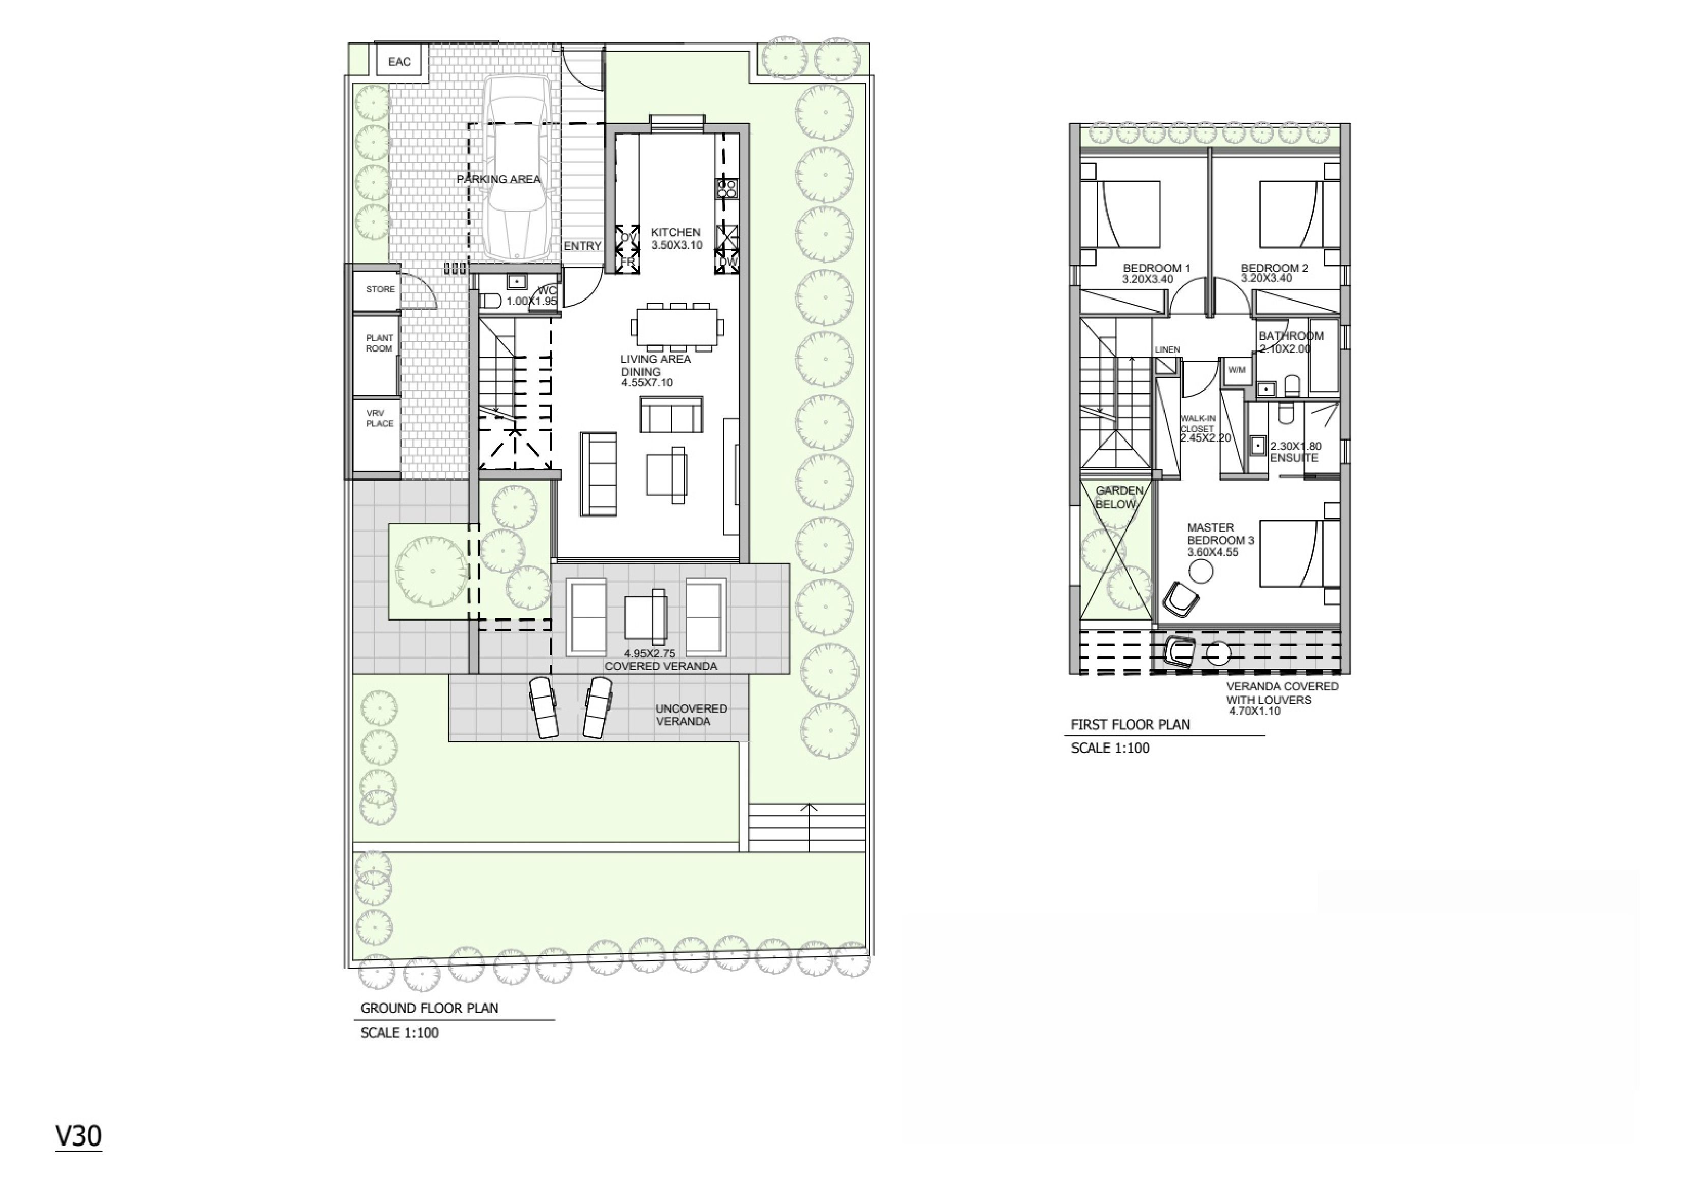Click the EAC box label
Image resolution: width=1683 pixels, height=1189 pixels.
[x=399, y=62]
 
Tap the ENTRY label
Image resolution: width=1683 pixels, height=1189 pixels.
[x=583, y=246]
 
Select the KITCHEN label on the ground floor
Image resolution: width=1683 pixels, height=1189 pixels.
[x=676, y=232]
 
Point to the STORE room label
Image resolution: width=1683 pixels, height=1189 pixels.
[x=381, y=289]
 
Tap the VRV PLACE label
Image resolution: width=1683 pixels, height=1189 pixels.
[x=380, y=418]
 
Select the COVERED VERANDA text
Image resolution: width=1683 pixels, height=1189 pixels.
[x=660, y=666]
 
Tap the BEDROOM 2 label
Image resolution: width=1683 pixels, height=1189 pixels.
[x=1274, y=268]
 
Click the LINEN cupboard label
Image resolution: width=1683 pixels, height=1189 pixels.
[x=1168, y=349]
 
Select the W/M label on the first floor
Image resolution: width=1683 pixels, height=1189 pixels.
[x=1237, y=370]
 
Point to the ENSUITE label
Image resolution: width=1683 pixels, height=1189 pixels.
[x=1294, y=458]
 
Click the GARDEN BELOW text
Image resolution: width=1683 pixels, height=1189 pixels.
[x=1119, y=498]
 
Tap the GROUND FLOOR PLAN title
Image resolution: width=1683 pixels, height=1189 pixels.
[x=429, y=1008]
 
